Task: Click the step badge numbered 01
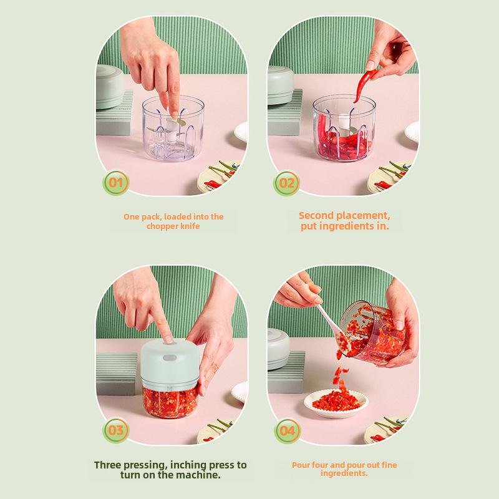click(x=116, y=183)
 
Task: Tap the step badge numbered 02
click(x=286, y=183)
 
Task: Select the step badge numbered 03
click(x=116, y=430)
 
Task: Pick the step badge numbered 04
click(x=287, y=431)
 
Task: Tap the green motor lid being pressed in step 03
click(x=170, y=363)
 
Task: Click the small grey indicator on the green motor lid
click(x=170, y=357)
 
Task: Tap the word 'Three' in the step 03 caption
click(x=107, y=465)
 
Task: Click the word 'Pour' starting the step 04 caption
click(x=301, y=465)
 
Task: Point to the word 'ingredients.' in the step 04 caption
click(x=344, y=473)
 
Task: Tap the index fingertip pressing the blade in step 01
click(x=174, y=112)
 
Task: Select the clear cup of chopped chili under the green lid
click(x=170, y=402)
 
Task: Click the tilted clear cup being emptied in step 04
click(x=371, y=332)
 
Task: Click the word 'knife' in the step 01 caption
click(x=190, y=226)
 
